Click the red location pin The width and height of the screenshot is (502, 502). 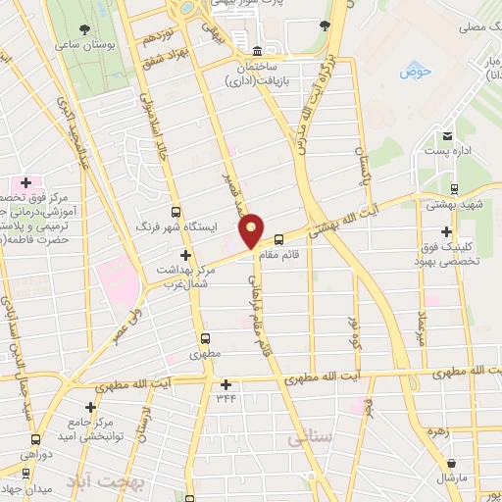(x=252, y=229)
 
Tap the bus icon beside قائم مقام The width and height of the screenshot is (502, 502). (x=278, y=238)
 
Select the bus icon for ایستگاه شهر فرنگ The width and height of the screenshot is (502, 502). (x=176, y=212)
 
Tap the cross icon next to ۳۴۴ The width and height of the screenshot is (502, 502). (x=227, y=384)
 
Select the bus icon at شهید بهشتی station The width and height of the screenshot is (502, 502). (x=454, y=187)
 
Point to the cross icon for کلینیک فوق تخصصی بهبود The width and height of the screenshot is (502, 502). (x=447, y=231)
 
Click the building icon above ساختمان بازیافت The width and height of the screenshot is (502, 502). (x=258, y=51)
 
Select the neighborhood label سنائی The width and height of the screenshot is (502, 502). (x=309, y=440)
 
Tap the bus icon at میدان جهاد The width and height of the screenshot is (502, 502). (x=38, y=473)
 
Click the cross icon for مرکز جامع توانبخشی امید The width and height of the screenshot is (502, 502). (x=90, y=406)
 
